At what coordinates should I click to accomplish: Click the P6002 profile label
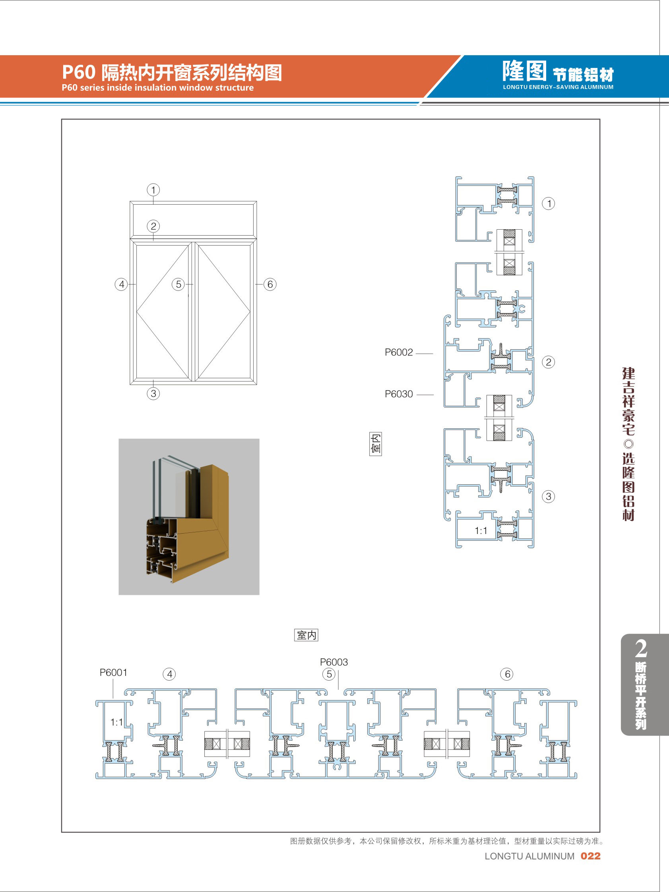(399, 352)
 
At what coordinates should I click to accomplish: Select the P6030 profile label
(399, 394)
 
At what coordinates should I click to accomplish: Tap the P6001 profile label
(113, 672)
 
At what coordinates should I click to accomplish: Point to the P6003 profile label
(334, 662)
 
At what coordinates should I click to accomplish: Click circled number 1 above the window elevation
(153, 190)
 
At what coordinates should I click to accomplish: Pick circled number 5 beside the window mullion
(178, 284)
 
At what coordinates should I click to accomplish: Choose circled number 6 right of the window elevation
(270, 284)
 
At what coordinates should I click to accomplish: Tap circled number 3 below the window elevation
(153, 393)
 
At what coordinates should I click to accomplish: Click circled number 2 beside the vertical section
(548, 362)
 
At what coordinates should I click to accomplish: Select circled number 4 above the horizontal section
(169, 674)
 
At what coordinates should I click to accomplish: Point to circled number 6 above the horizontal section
(507, 674)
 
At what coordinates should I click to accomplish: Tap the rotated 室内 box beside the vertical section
(376, 444)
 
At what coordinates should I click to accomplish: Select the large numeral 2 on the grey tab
(641, 648)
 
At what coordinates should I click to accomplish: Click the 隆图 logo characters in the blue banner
(525, 71)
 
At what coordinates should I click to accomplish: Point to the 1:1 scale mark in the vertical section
(481, 530)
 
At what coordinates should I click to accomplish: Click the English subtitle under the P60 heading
(158, 87)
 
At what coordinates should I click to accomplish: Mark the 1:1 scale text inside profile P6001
(116, 722)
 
